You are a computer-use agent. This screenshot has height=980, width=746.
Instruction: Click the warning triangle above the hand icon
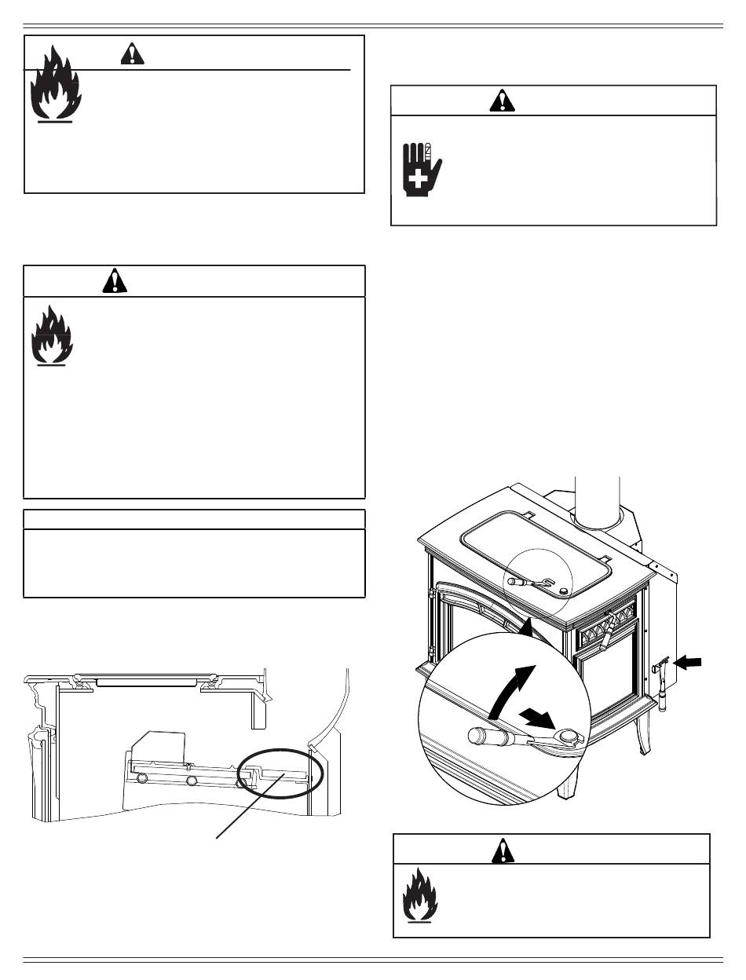(499, 101)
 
